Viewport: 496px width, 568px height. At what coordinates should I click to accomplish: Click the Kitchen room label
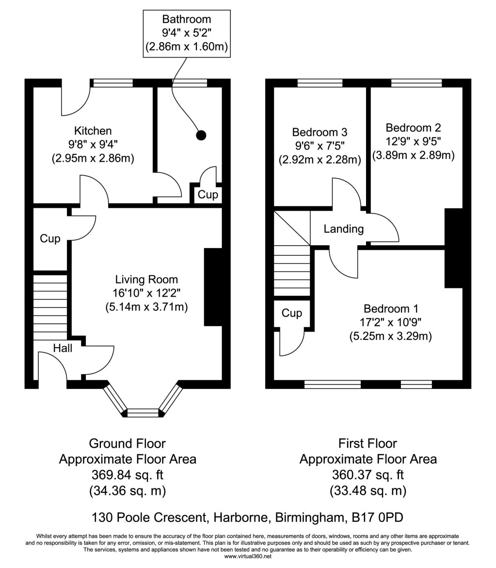click(93, 131)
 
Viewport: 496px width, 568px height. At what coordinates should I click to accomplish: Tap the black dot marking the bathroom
click(201, 135)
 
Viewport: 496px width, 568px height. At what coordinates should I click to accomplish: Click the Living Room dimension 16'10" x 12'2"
click(146, 293)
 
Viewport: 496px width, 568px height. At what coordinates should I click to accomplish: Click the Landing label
click(344, 229)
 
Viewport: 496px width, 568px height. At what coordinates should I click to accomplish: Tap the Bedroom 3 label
click(320, 132)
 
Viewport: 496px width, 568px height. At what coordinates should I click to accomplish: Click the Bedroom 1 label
click(391, 308)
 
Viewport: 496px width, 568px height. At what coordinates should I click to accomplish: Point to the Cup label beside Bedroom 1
click(291, 313)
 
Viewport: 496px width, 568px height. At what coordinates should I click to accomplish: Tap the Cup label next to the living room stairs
click(50, 239)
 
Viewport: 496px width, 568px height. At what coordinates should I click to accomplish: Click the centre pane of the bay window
click(143, 413)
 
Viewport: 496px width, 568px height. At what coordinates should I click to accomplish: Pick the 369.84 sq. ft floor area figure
click(128, 475)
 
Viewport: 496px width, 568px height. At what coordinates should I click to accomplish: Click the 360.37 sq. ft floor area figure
click(368, 475)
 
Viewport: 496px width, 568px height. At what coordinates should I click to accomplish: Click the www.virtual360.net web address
click(248, 556)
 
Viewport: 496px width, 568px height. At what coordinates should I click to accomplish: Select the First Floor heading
click(368, 443)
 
